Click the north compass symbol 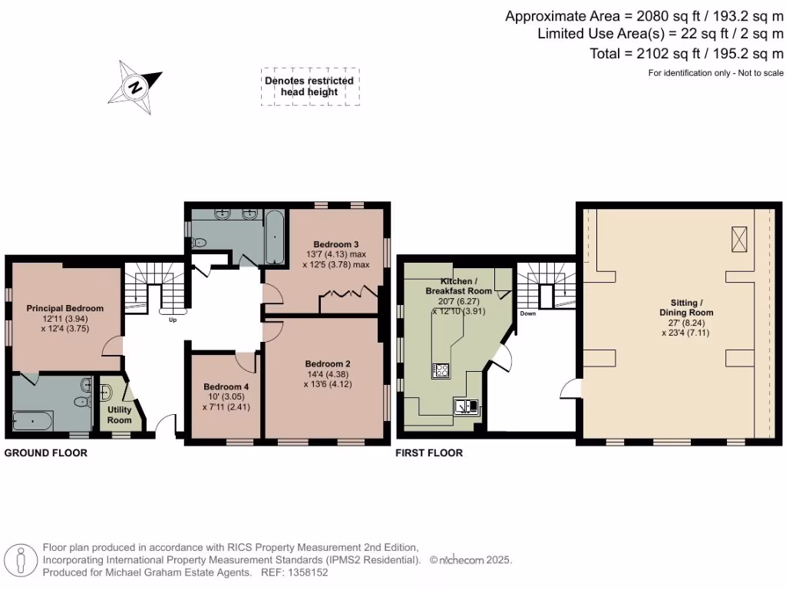(135, 87)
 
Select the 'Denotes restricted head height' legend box (309, 86)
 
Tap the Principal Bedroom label (65, 308)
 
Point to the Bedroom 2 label (328, 363)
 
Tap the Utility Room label (119, 415)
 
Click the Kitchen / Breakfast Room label (458, 286)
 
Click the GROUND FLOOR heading (46, 453)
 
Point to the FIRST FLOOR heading (429, 453)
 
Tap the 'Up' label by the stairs (173, 320)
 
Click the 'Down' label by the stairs (527, 313)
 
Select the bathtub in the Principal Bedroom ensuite (33, 421)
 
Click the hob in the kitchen (442, 370)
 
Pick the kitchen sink (466, 406)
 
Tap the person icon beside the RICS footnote (22, 559)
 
